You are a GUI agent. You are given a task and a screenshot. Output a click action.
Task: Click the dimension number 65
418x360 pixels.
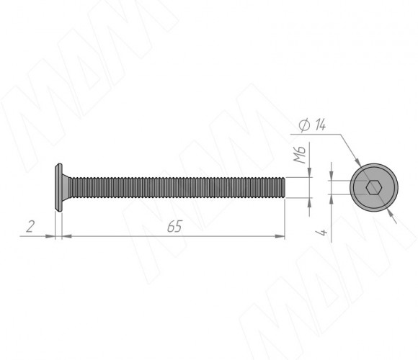[174, 226]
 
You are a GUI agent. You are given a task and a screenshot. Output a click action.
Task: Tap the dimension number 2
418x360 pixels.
[30, 226]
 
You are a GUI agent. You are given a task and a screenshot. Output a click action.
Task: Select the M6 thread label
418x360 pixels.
[299, 154]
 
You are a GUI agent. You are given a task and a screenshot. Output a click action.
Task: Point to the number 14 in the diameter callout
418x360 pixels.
[320, 125]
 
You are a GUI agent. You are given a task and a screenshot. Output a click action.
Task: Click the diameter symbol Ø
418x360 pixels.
[304, 125]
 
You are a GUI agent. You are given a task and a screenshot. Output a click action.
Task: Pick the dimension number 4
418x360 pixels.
[321, 232]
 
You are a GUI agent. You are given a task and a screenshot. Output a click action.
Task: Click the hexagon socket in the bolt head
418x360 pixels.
[374, 187]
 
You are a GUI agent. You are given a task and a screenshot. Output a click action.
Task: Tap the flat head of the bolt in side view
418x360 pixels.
[58, 187]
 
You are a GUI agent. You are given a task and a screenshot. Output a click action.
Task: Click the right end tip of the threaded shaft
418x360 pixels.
[285, 187]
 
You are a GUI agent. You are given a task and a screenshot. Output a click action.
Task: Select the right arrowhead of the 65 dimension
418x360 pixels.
[280, 236]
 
